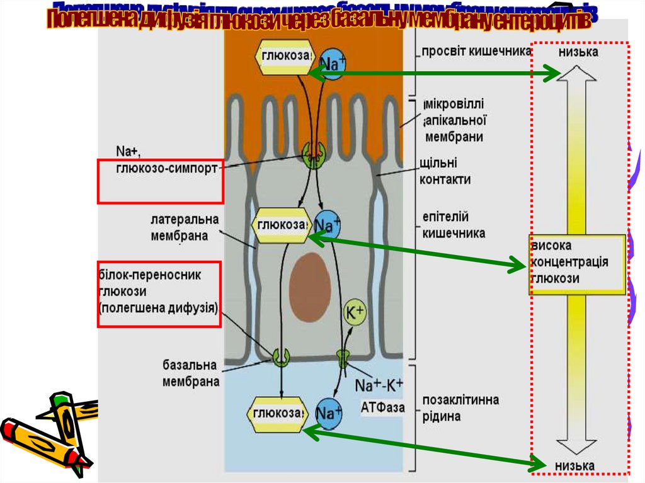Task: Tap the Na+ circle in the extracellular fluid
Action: point(329,414)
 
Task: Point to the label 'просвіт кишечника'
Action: point(477,52)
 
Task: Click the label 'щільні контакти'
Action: point(445,172)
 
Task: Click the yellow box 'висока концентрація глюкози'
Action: point(576,263)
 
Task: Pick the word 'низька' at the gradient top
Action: point(578,52)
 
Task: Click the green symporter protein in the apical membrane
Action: point(313,154)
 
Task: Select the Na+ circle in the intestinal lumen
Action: point(333,62)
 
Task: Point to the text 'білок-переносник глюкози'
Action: point(158,292)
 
